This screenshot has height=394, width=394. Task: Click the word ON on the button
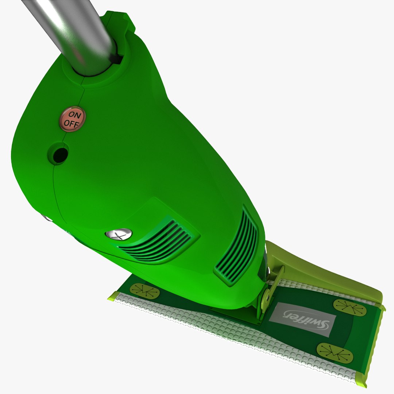tap(75, 115)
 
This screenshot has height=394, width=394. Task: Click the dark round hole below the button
tap(60, 155)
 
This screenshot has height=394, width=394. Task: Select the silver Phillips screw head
tap(119, 234)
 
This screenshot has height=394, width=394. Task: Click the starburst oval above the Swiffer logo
tap(350, 308)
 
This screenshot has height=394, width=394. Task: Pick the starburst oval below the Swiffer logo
tap(335, 353)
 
